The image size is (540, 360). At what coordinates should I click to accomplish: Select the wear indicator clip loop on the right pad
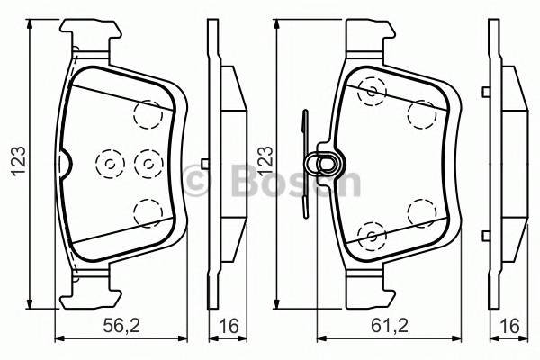coord(321,163)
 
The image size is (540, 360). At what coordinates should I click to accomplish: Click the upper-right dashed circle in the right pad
coord(420,113)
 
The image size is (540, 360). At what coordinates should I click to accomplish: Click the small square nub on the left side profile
coord(207,163)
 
